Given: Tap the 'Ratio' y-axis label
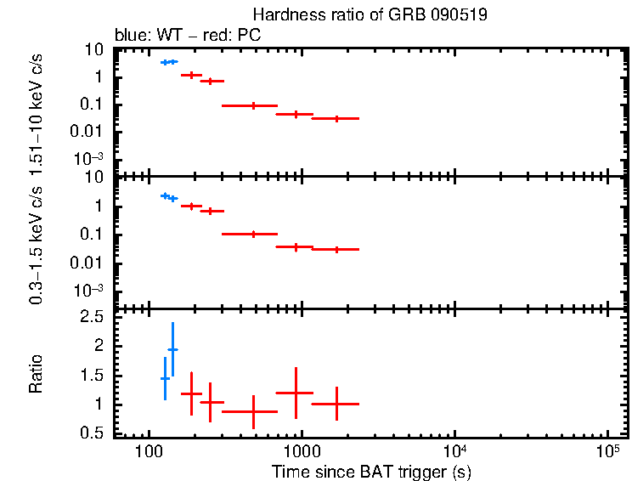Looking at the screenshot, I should (x=37, y=375).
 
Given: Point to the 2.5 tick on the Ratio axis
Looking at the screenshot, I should (x=94, y=317).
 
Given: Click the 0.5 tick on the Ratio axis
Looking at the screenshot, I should (x=94, y=433).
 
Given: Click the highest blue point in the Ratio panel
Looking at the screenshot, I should (x=172, y=349).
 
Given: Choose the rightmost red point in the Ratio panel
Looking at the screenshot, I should (x=337, y=404).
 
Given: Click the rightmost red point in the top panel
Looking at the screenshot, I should (x=337, y=118).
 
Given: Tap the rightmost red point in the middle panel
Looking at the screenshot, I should (x=337, y=249).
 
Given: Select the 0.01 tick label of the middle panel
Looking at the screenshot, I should (x=90, y=263).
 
